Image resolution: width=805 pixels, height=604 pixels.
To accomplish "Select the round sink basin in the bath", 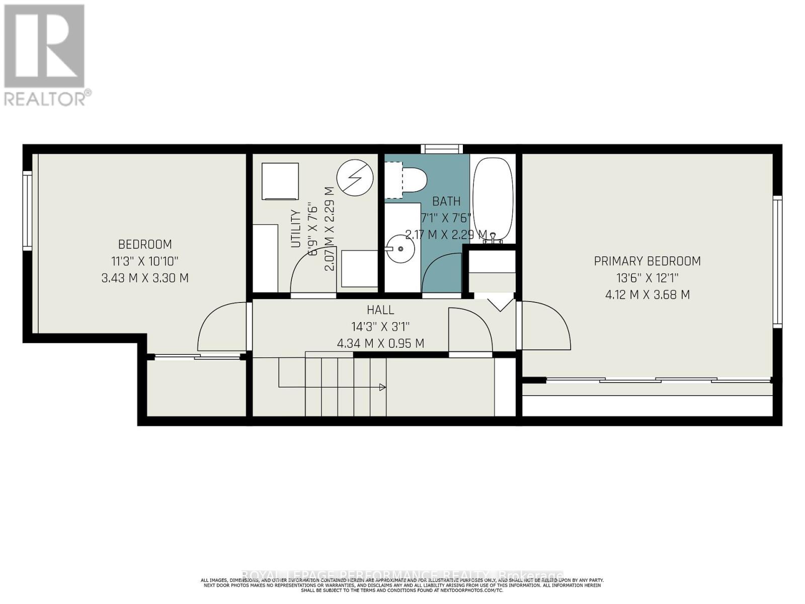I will pyautogui.click(x=400, y=248).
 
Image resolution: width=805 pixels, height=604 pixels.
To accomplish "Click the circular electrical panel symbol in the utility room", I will pyautogui.click(x=355, y=177).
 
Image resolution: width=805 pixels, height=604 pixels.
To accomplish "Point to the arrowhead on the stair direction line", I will pyautogui.click(x=382, y=387).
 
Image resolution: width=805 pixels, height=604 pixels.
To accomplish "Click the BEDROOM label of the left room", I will pyautogui.click(x=145, y=245).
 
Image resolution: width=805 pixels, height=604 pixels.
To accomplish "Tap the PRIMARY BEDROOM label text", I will pyautogui.click(x=647, y=261).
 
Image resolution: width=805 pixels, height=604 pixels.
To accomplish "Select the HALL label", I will pyautogui.click(x=380, y=310).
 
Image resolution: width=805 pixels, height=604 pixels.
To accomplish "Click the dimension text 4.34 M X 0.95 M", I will pyautogui.click(x=380, y=344).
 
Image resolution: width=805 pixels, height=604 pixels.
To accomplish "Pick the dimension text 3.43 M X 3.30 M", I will pyautogui.click(x=145, y=278).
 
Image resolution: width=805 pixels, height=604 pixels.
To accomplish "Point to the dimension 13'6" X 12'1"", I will pyautogui.click(x=647, y=278).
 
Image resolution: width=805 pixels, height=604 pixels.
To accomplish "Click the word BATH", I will pyautogui.click(x=446, y=201).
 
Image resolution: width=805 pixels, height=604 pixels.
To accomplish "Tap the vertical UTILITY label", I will pyautogui.click(x=296, y=229).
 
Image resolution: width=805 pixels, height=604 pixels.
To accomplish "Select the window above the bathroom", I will pyautogui.click(x=442, y=149).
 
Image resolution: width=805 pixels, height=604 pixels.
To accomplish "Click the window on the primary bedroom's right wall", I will pyautogui.click(x=778, y=262).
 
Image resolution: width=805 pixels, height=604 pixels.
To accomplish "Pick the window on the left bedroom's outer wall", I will pyautogui.click(x=27, y=210).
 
